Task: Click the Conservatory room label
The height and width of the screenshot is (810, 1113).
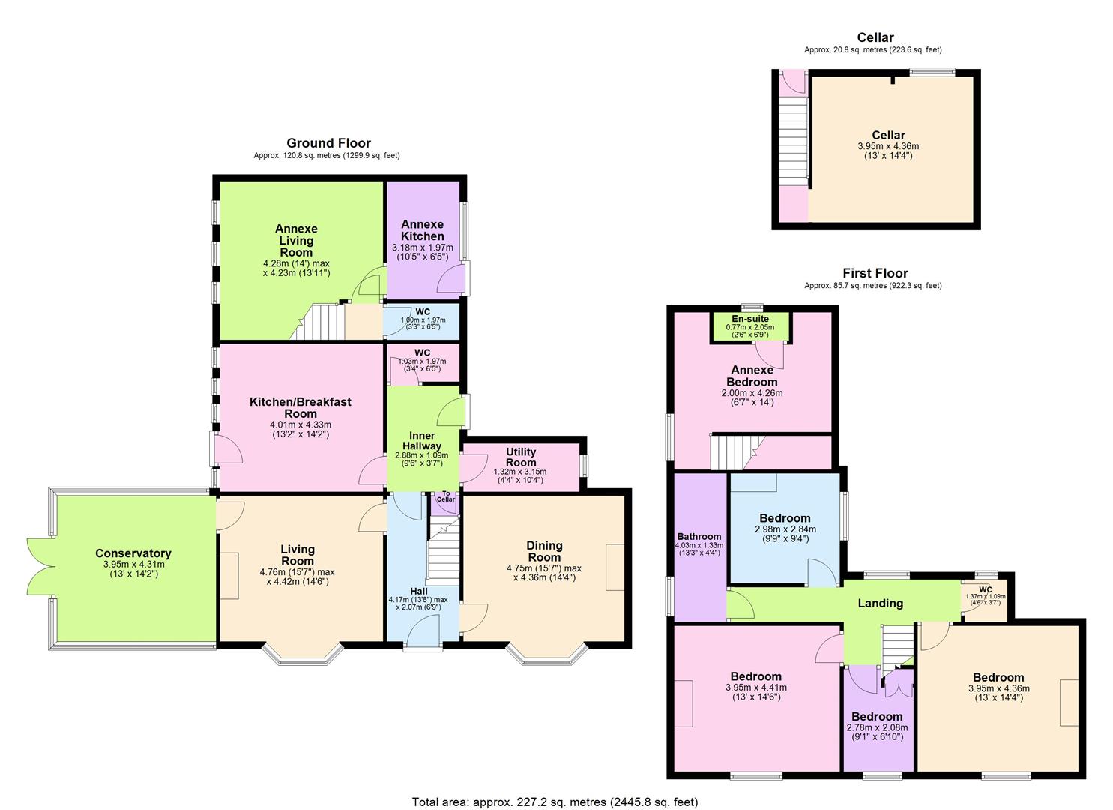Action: (133, 553)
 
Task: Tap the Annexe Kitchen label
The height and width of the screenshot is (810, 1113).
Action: (422, 230)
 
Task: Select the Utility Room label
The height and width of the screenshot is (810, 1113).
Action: (520, 457)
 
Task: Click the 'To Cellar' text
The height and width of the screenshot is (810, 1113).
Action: (445, 496)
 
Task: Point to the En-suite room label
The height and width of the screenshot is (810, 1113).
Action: (749, 319)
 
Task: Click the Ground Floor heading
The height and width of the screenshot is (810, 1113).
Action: (328, 143)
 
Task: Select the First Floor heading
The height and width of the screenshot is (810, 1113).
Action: (874, 273)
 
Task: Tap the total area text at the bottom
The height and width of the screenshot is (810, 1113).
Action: (555, 802)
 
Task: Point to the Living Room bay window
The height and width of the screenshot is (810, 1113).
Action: (302, 655)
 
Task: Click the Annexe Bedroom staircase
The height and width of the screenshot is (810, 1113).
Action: (732, 452)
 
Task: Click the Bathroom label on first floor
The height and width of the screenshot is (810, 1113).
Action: (699, 536)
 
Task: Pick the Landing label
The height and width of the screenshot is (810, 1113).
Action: (880, 603)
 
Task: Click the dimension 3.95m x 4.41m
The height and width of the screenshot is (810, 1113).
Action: (755, 688)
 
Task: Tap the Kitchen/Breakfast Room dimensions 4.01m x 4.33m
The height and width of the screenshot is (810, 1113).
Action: (300, 424)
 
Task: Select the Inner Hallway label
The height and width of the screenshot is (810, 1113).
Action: (422, 441)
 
